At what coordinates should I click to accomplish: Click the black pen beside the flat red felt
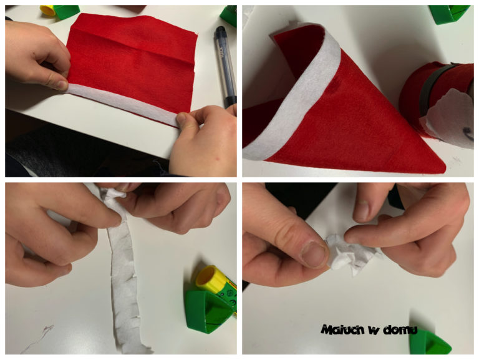(226, 66)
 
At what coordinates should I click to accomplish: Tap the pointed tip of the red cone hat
(445, 169)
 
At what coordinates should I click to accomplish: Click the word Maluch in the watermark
(342, 330)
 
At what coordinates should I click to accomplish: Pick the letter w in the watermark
(374, 330)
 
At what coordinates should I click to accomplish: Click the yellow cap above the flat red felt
(48, 11)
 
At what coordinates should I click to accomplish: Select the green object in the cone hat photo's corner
(449, 14)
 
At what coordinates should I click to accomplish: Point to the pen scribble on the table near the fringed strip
(38, 338)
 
